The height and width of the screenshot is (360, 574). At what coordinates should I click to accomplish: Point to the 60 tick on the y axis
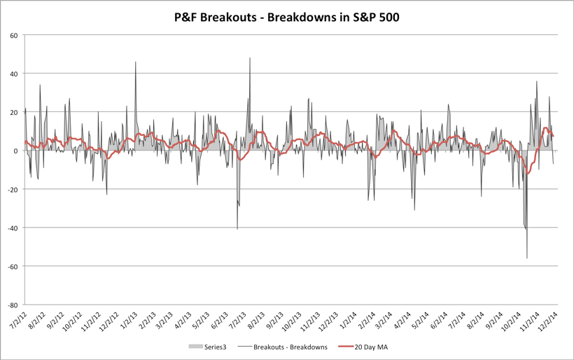[14, 35]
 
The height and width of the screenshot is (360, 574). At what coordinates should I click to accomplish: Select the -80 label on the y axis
[12, 305]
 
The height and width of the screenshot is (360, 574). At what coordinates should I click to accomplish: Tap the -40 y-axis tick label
[12, 228]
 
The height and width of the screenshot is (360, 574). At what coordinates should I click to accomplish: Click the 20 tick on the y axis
[14, 112]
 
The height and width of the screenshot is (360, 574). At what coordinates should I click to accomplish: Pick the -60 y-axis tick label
[12, 266]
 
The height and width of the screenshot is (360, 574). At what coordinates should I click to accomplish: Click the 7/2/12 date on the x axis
[17, 324]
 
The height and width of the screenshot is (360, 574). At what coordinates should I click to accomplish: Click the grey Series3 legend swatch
[195, 347]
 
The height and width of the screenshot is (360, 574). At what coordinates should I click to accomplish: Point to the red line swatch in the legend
[348, 347]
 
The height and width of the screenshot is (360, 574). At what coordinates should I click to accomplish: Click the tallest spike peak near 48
[250, 58]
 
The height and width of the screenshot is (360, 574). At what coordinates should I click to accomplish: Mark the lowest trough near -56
[527, 258]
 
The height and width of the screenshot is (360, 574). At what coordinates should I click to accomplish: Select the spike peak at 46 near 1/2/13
[136, 62]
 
